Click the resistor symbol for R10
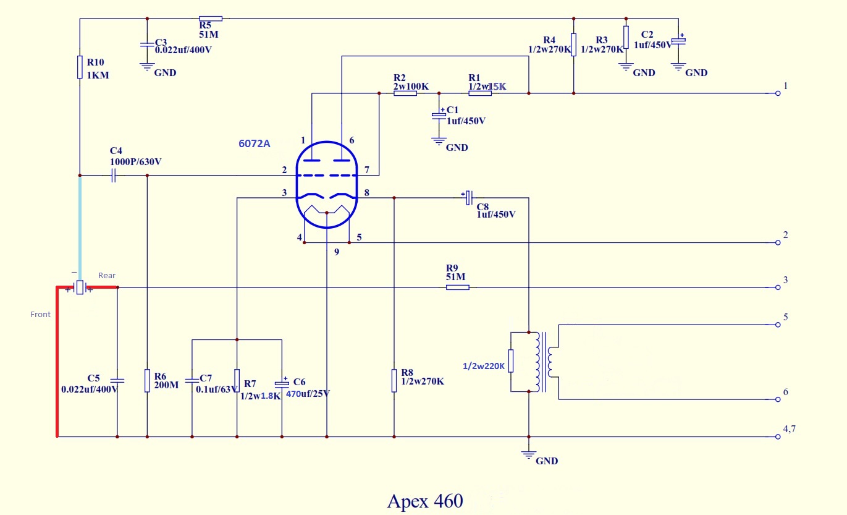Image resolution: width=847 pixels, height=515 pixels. pyautogui.click(x=80, y=67)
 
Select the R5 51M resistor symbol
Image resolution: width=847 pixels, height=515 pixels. pyautogui.click(x=210, y=19)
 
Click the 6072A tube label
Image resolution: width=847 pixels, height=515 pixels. pyautogui.click(x=255, y=143)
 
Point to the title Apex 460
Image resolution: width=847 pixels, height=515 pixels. pyautogui.click(x=424, y=501)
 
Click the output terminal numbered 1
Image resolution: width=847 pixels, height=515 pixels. pyautogui.click(x=778, y=93)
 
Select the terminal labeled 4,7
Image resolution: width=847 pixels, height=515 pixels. pyautogui.click(x=778, y=437)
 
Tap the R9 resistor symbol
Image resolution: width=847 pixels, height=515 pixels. pyautogui.click(x=457, y=287)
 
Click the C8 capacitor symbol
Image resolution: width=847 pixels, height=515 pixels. pyautogui.click(x=469, y=198)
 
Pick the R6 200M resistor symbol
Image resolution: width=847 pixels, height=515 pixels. pyautogui.click(x=147, y=380)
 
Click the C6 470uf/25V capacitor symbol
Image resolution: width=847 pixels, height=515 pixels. pyautogui.click(x=282, y=383)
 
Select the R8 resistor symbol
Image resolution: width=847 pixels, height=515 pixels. pyautogui.click(x=394, y=380)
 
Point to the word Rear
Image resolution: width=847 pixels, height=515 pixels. pyautogui.click(x=107, y=275)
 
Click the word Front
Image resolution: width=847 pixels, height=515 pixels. pyautogui.click(x=40, y=315)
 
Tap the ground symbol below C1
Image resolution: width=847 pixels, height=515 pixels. pyautogui.click(x=439, y=140)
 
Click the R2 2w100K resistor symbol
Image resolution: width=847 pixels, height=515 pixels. pyautogui.click(x=405, y=93)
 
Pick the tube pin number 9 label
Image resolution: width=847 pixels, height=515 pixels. pyautogui.click(x=337, y=252)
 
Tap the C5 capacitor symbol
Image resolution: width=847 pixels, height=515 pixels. pyautogui.click(x=117, y=380)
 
